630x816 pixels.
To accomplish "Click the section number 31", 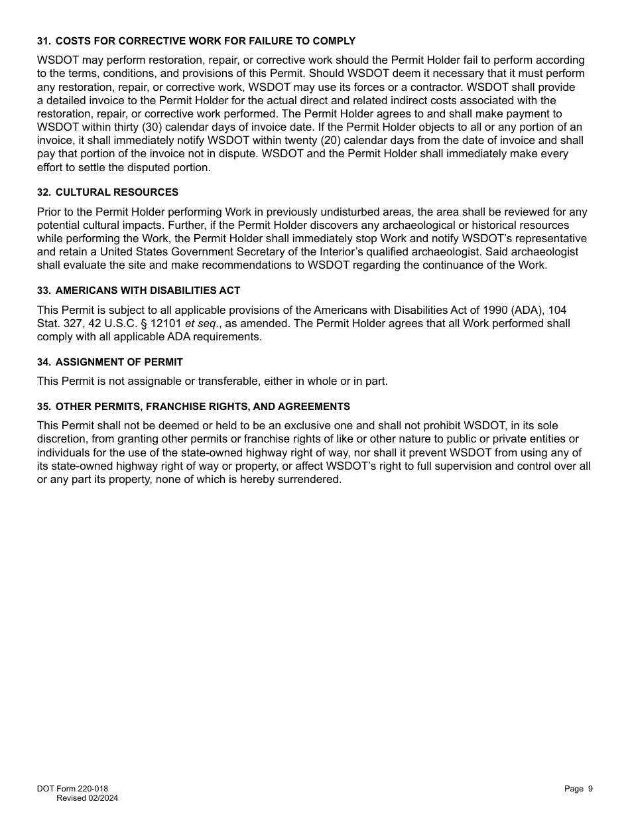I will (x=43, y=41).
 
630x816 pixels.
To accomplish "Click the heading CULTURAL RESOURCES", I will (x=117, y=192).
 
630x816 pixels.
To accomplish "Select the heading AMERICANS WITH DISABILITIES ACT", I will (x=148, y=291).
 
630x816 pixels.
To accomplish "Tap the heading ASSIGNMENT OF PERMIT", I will (x=119, y=362).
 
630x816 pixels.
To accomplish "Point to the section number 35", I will (x=43, y=407).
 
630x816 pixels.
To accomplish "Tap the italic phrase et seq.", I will (x=204, y=324).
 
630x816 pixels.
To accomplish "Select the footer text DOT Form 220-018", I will (x=72, y=789).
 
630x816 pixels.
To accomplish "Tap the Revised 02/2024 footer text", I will (x=87, y=798).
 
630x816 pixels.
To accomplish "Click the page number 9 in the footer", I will (x=590, y=789).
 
